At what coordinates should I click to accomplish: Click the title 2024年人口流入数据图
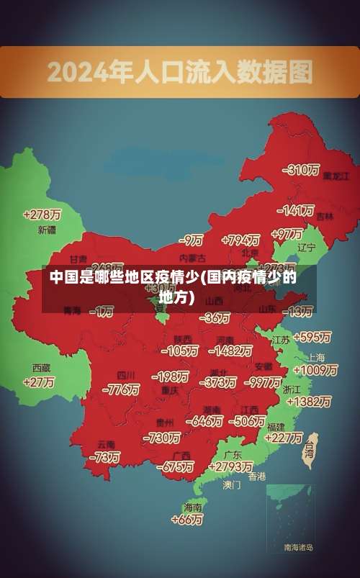point(180,71)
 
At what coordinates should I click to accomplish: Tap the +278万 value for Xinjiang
point(42,215)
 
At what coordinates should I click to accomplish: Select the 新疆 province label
point(46,230)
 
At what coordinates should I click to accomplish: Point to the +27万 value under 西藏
point(39,383)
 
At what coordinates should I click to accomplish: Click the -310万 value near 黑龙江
point(302,170)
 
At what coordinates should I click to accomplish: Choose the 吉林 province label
point(325,216)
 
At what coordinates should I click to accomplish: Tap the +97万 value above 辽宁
point(288,234)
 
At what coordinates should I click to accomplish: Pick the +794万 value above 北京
point(240,240)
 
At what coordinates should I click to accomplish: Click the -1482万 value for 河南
point(232,351)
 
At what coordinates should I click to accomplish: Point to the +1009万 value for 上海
point(315,370)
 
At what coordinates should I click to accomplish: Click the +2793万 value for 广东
point(229,466)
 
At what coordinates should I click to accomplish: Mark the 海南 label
point(192,507)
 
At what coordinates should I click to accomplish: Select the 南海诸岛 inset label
point(298,548)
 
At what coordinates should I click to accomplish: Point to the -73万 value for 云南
point(105,456)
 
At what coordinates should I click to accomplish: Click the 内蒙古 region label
point(192,257)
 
